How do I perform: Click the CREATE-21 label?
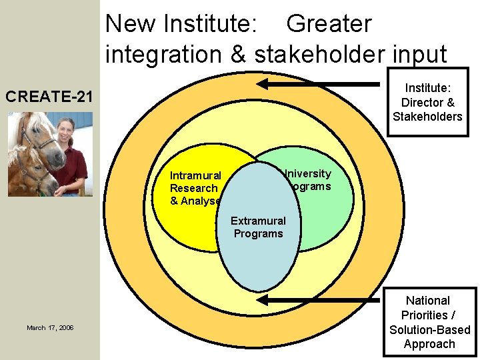pos(49,97)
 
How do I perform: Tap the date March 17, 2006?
pos(50,328)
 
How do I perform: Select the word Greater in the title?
pos(329,25)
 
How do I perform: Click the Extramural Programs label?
pos(258,227)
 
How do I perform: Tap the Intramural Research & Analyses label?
pos(195,188)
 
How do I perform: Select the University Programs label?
pos(307,180)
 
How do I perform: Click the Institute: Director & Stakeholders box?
pos(427,102)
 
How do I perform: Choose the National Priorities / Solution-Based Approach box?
pos(429,323)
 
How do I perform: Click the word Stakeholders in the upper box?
pos(427,117)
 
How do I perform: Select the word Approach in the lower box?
pos(429,344)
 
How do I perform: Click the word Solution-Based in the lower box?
pos(429,330)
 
